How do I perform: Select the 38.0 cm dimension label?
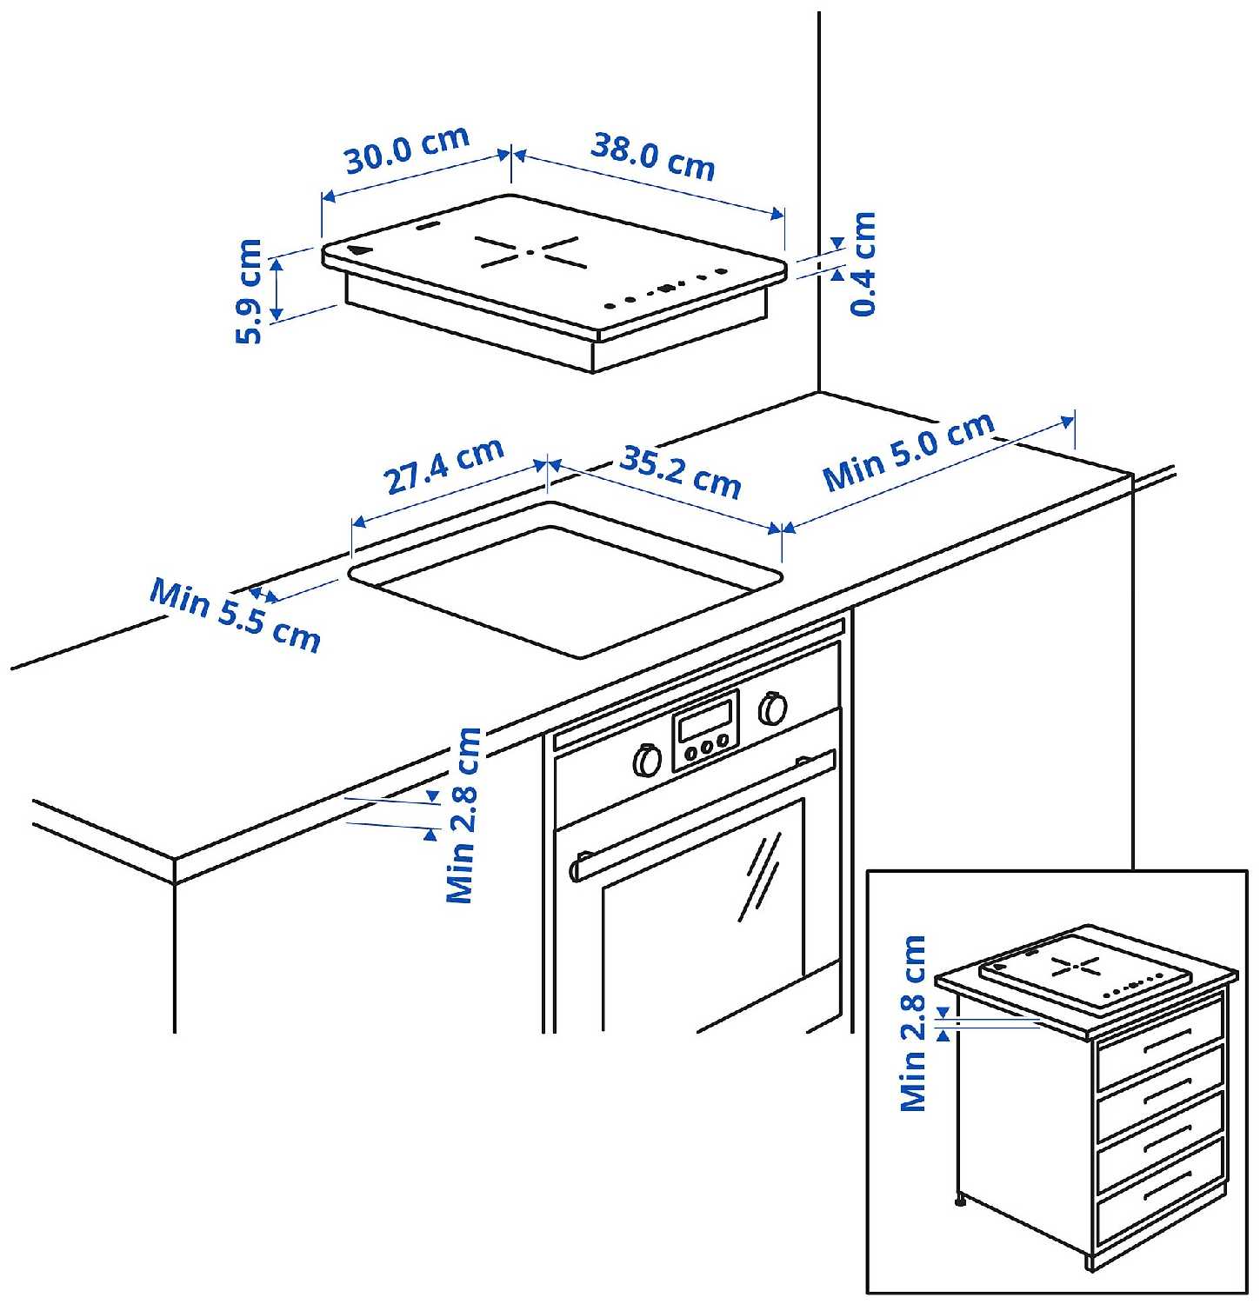click(652, 156)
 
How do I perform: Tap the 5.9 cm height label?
click(250, 291)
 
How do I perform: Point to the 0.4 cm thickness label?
click(863, 263)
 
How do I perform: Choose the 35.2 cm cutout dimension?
click(680, 474)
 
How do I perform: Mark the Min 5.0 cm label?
click(909, 450)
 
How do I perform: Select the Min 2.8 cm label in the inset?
click(913, 1022)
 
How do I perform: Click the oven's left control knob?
click(647, 760)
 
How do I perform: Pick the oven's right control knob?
click(771, 709)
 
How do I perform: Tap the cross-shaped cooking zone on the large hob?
click(528, 252)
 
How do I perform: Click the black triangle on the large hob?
click(357, 251)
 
